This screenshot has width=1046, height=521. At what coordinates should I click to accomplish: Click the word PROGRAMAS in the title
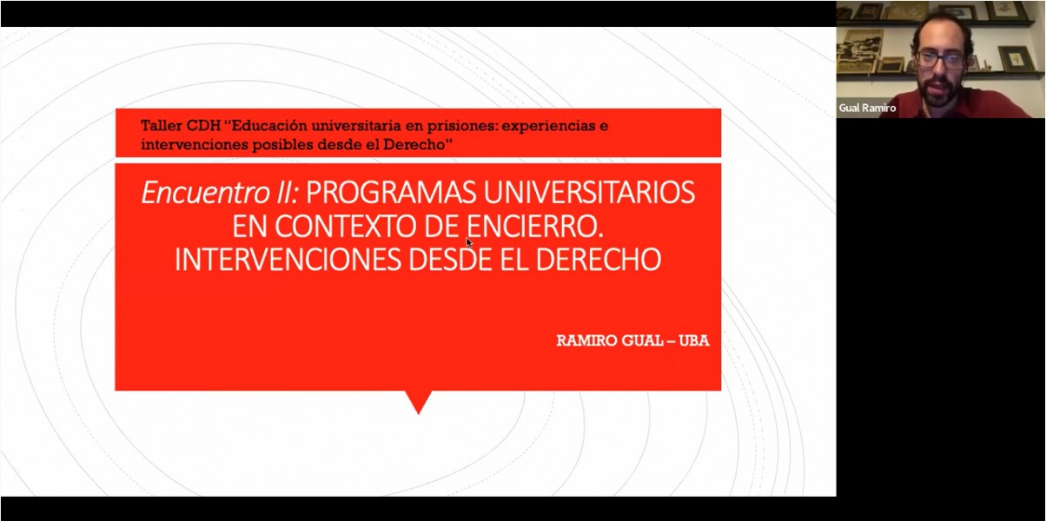[391, 193]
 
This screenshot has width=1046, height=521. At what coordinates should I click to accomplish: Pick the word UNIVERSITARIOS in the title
[589, 193]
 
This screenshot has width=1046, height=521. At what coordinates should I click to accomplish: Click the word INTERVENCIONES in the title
[288, 260]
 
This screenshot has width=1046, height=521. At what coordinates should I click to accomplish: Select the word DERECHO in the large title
[599, 260]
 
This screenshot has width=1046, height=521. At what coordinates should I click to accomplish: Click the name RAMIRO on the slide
[586, 340]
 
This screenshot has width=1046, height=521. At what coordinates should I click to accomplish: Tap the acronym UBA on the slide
[694, 340]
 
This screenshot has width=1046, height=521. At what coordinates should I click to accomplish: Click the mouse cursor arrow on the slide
[469, 243]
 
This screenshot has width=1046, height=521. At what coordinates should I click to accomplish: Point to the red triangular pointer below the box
[419, 400]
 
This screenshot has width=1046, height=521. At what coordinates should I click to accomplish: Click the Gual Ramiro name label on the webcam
[867, 108]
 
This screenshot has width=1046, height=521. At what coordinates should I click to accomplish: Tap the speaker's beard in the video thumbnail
[938, 91]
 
